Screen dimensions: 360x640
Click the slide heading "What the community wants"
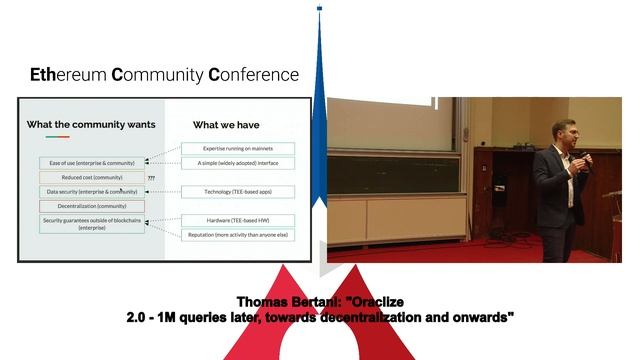pos(91,124)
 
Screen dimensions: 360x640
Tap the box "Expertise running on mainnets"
pos(237,148)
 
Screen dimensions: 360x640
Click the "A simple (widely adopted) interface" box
pos(237,161)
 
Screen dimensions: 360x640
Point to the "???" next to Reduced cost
pos(151,177)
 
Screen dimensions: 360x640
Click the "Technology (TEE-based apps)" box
pos(237,190)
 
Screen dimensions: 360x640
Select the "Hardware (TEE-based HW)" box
pos(237,220)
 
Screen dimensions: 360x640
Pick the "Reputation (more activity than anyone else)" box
pos(237,234)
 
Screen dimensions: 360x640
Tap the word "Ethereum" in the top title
pos(67,75)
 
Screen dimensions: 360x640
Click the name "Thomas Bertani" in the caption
pos(286,302)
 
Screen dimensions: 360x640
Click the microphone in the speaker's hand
pos(587,160)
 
